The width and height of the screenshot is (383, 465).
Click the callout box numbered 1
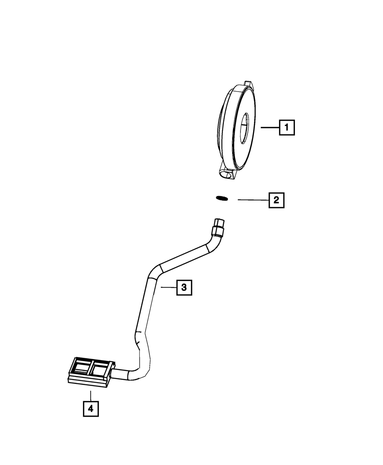pos(287,128)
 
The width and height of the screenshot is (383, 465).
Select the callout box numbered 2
pos(277,200)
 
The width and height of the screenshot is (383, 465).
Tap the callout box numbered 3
pos(184,287)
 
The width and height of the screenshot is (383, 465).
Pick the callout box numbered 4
pos(90,409)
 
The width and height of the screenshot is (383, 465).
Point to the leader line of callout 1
pos(270,128)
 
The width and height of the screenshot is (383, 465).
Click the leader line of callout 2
pos(253,200)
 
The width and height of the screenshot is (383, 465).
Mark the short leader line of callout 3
pos(169,287)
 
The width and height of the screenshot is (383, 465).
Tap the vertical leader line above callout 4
pos(90,395)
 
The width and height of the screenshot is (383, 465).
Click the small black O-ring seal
pos(222,198)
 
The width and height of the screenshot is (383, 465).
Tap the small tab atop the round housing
pos(248,84)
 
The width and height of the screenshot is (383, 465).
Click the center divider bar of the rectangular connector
pos(91,368)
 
